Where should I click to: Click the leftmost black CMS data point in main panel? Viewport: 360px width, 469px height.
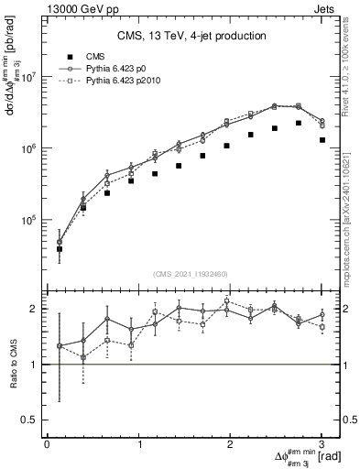tap(60, 248)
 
